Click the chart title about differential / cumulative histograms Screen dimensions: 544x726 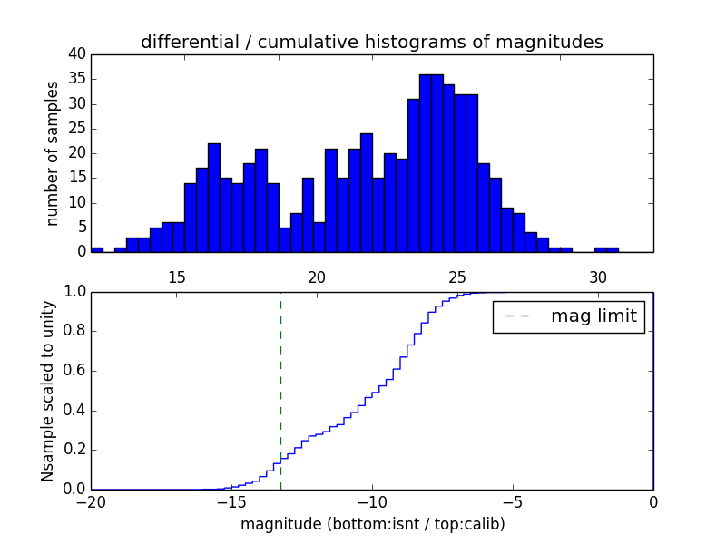point(371,42)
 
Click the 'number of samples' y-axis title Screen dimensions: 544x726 point(53,153)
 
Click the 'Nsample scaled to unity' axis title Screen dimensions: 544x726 point(48,392)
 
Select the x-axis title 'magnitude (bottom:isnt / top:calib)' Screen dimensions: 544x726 point(372,524)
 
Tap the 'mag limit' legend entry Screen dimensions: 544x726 point(569,316)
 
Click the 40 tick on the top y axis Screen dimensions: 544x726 point(75,54)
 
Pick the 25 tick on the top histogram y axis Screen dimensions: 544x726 point(75,129)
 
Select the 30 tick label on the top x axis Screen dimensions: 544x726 point(597,276)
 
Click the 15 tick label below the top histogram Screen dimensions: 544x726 point(176,276)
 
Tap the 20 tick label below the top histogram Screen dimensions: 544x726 point(317,276)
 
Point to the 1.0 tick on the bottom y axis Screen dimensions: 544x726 point(74,292)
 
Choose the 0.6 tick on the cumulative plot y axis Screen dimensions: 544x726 point(74,371)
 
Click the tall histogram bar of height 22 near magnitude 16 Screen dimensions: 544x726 point(213,198)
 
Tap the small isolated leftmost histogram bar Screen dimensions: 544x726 point(97,249)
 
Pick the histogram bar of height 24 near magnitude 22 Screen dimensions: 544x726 point(366,192)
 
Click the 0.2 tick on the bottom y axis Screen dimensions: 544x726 point(74,450)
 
